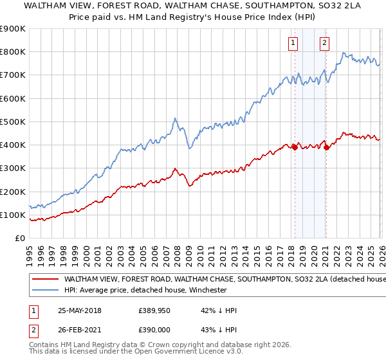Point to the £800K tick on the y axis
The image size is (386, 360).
(13, 52)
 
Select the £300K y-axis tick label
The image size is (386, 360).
(13, 168)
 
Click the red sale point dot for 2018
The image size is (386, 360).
(295, 147)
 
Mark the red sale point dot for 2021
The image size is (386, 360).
(326, 147)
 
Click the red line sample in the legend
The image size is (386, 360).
(44, 280)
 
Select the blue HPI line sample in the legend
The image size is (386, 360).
(44, 290)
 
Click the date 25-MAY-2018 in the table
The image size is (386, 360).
(79, 310)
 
